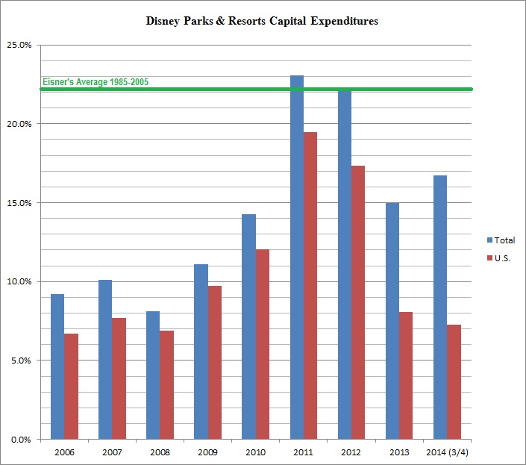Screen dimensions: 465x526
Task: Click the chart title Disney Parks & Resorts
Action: tap(262, 21)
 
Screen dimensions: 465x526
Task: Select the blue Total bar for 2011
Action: tap(297, 258)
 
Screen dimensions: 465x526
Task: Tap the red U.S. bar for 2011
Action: tap(310, 285)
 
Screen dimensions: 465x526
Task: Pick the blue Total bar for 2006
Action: tap(57, 366)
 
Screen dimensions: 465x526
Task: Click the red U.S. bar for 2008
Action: tap(166, 384)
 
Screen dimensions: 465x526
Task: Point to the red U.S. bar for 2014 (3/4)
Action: tap(454, 381)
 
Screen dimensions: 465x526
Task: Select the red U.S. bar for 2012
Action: tap(358, 302)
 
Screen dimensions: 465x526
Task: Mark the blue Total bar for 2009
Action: tap(201, 352)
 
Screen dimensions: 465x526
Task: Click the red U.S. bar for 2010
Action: tap(263, 344)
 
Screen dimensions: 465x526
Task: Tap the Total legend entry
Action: tap(501, 240)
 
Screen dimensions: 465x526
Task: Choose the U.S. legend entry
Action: tap(501, 258)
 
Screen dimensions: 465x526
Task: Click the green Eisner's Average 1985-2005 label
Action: tap(96, 82)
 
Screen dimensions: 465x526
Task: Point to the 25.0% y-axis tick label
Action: tap(19, 45)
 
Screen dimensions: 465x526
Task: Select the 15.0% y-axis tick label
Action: tap(19, 202)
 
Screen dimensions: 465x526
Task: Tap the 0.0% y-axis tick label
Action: tap(21, 439)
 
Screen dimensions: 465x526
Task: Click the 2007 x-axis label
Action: tap(112, 452)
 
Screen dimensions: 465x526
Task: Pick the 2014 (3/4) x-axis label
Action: tap(447, 452)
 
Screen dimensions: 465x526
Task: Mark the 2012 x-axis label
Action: tap(351, 452)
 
